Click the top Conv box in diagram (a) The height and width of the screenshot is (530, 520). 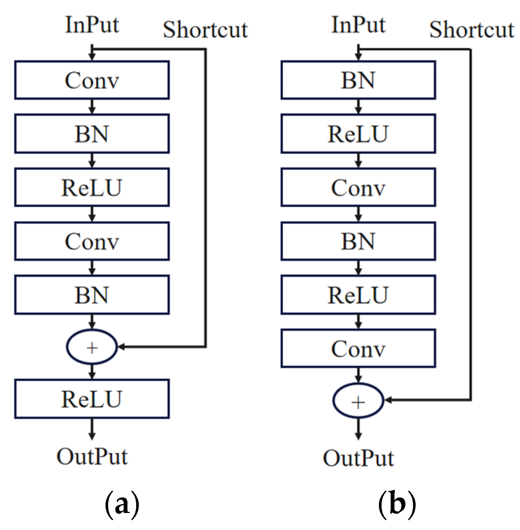point(92,80)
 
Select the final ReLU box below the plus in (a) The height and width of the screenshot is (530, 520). point(92,399)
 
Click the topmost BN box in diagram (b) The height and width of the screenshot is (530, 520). point(358,80)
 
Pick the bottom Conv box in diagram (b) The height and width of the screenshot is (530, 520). point(358,348)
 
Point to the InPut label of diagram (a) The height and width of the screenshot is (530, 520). point(92,25)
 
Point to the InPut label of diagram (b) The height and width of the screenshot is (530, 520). point(358,25)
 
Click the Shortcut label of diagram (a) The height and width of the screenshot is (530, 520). point(205,30)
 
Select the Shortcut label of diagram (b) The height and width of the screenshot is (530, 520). point(472,30)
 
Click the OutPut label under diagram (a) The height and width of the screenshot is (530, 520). point(92,457)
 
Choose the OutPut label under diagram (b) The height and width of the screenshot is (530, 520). point(358,458)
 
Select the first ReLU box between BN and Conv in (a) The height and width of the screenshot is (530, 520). point(92,187)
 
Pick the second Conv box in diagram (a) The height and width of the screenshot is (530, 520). point(92,241)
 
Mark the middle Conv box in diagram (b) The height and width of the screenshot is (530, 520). point(358,187)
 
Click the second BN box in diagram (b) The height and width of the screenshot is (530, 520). point(358,241)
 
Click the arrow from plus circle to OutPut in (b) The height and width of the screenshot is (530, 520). point(358,428)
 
